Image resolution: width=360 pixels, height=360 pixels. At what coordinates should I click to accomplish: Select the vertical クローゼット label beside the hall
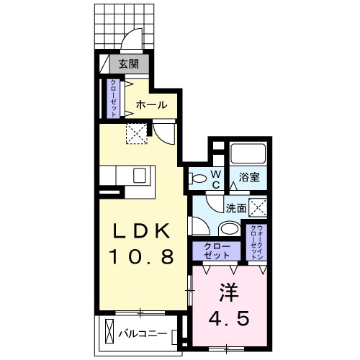pyautogui.click(x=114, y=99)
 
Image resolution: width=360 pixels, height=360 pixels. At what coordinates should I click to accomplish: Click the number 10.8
pyautogui.click(x=142, y=256)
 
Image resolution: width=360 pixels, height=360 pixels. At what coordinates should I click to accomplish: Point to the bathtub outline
pyautogui.click(x=248, y=154)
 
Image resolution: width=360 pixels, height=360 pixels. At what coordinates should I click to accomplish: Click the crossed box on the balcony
pyautogui.click(x=108, y=333)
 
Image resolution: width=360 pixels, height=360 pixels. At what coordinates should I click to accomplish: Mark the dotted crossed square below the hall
pyautogui.click(x=135, y=132)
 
